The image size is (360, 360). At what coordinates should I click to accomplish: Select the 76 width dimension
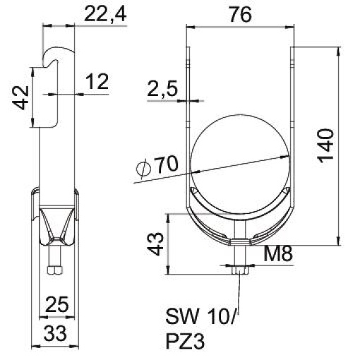239,13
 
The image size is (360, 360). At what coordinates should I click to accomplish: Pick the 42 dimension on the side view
20,97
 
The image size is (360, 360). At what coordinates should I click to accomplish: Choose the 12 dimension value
96,82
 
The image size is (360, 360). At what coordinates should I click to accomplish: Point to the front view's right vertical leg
292,120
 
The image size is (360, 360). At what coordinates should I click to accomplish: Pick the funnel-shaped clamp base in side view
54,222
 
